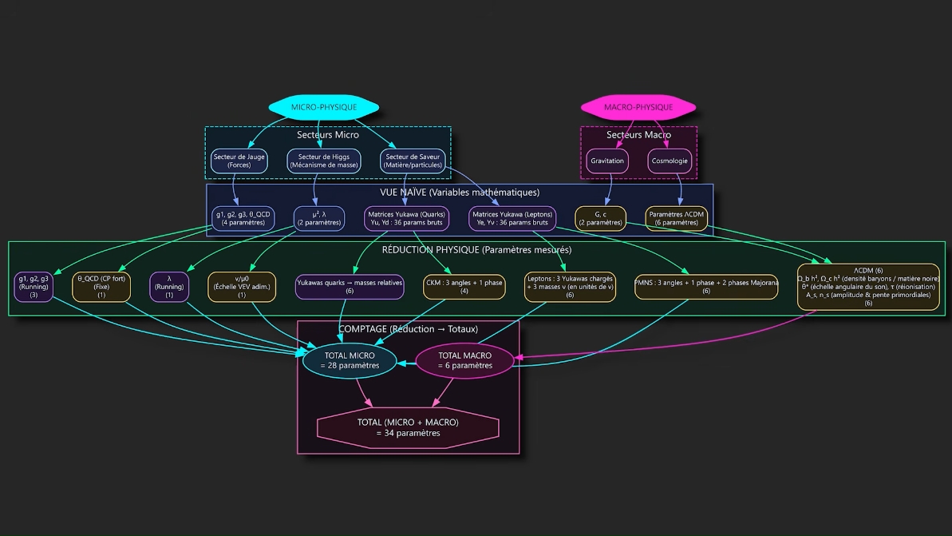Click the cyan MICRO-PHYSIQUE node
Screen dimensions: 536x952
(323, 107)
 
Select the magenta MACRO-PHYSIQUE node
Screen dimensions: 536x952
(638, 107)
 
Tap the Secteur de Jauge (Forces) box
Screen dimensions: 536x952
(239, 161)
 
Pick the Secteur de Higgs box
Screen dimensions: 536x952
(323, 161)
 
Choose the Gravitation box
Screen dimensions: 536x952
(607, 161)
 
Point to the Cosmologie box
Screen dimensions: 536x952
(670, 161)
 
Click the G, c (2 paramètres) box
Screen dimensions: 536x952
(600, 218)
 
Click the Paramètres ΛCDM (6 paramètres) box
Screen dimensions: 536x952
(676, 218)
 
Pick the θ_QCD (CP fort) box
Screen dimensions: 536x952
(101, 287)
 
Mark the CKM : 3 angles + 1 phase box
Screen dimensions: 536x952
(464, 287)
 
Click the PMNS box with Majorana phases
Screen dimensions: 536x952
(706, 287)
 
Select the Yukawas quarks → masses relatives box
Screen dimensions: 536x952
(350, 287)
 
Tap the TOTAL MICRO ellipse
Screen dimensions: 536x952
(350, 360)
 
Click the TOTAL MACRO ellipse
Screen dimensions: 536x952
(465, 360)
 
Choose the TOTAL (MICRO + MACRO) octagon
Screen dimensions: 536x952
(408, 427)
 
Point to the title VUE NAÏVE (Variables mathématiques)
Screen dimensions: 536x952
(460, 193)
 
